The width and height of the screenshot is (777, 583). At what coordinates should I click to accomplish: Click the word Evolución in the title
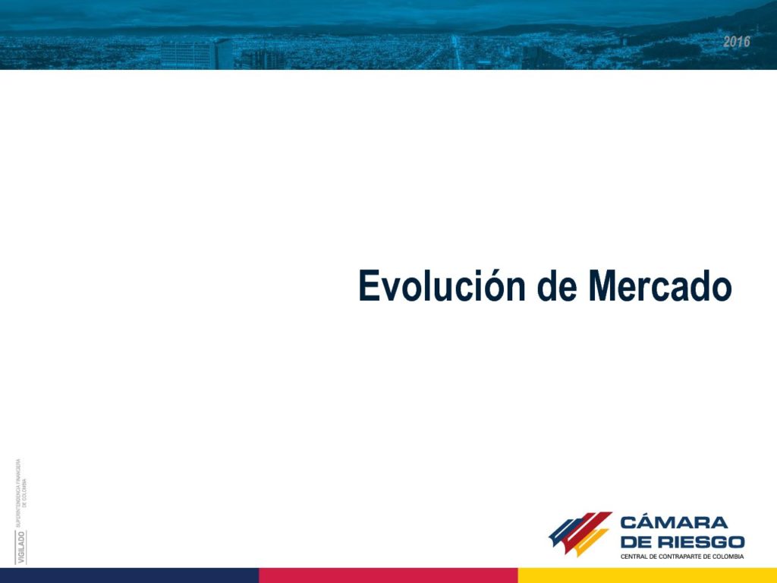pyautogui.click(x=442, y=285)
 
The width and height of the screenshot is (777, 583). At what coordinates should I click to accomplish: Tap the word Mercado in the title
pyautogui.click(x=660, y=286)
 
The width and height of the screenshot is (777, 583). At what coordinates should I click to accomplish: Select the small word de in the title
pyautogui.click(x=557, y=286)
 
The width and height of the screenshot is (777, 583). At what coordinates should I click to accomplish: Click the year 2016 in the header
pyautogui.click(x=736, y=42)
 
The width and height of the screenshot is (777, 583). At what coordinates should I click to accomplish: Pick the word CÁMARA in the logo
pyautogui.click(x=674, y=522)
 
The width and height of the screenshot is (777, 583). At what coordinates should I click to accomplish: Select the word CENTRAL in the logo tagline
pyautogui.click(x=634, y=556)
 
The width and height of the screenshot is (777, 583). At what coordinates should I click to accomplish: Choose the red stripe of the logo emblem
pyautogui.click(x=587, y=529)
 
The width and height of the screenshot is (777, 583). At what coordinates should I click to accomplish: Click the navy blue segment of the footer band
pyautogui.click(x=129, y=575)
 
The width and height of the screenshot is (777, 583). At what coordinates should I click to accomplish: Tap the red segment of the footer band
pyautogui.click(x=388, y=575)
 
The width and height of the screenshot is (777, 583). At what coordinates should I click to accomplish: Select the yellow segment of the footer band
pyautogui.click(x=648, y=575)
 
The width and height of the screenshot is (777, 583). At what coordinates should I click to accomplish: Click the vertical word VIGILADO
pyautogui.click(x=20, y=547)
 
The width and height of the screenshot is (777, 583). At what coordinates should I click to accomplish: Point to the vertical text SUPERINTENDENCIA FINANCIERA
pyautogui.click(x=18, y=492)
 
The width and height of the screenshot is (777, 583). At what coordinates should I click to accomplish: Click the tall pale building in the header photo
pyautogui.click(x=197, y=54)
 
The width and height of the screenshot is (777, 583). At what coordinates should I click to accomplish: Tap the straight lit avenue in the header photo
pyautogui.click(x=456, y=52)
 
